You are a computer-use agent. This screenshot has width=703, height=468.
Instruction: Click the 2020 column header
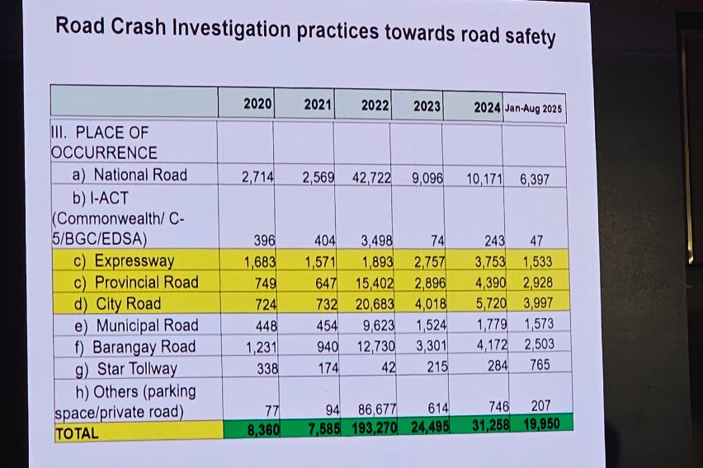(x=257, y=104)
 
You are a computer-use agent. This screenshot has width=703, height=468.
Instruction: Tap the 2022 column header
(x=375, y=105)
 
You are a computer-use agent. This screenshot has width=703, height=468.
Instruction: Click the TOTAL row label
(x=76, y=433)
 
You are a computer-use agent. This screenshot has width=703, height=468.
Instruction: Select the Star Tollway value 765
(x=539, y=364)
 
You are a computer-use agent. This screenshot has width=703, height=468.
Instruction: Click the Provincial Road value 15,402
(x=375, y=283)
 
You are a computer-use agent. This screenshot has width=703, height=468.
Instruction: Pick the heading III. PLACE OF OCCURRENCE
(x=103, y=143)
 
